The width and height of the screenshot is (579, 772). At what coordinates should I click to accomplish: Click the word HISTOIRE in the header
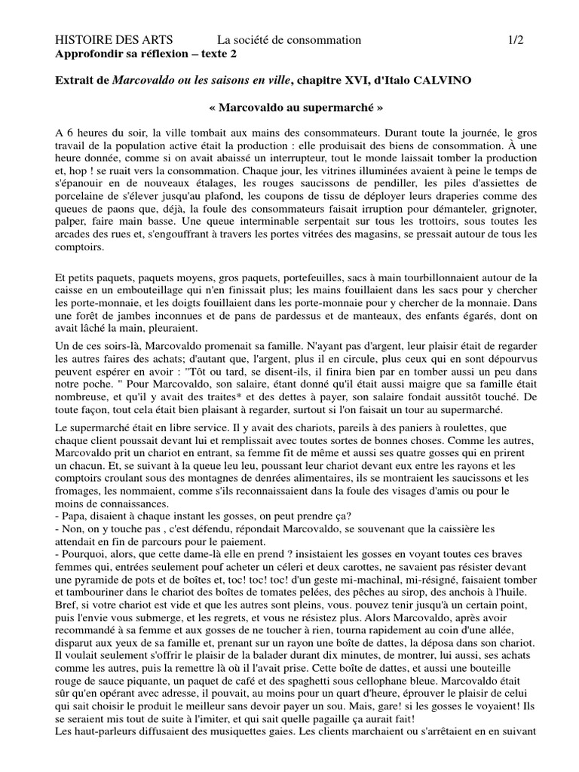tap(85, 40)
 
